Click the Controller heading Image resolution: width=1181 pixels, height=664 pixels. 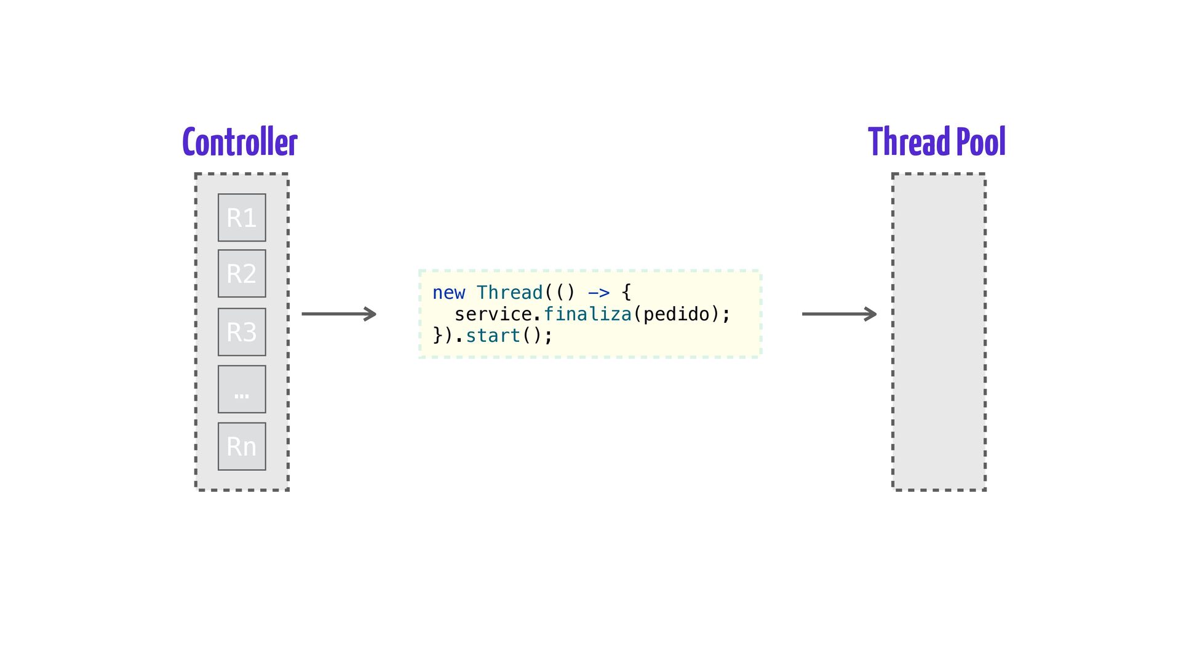coord(240,142)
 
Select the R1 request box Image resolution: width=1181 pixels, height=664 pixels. coord(242,218)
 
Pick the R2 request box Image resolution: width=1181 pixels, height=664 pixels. coord(242,274)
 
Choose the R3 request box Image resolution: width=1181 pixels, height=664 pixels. coord(242,332)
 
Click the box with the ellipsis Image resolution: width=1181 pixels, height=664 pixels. coord(242,389)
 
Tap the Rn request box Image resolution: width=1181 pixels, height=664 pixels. coord(242,446)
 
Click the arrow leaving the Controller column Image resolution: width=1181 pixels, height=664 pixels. coord(339,314)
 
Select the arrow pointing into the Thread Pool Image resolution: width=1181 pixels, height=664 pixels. coord(840,314)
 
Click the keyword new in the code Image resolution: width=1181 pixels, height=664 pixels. coord(449,293)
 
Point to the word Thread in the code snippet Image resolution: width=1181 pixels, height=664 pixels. coord(510,293)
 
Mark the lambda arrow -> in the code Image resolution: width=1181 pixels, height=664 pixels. coord(598,293)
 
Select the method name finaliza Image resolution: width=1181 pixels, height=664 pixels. coord(587,314)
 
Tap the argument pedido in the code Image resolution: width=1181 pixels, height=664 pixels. coord(677,315)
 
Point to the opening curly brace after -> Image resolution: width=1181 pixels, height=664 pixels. coord(626,293)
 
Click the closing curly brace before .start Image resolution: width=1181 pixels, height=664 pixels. coord(438,336)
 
